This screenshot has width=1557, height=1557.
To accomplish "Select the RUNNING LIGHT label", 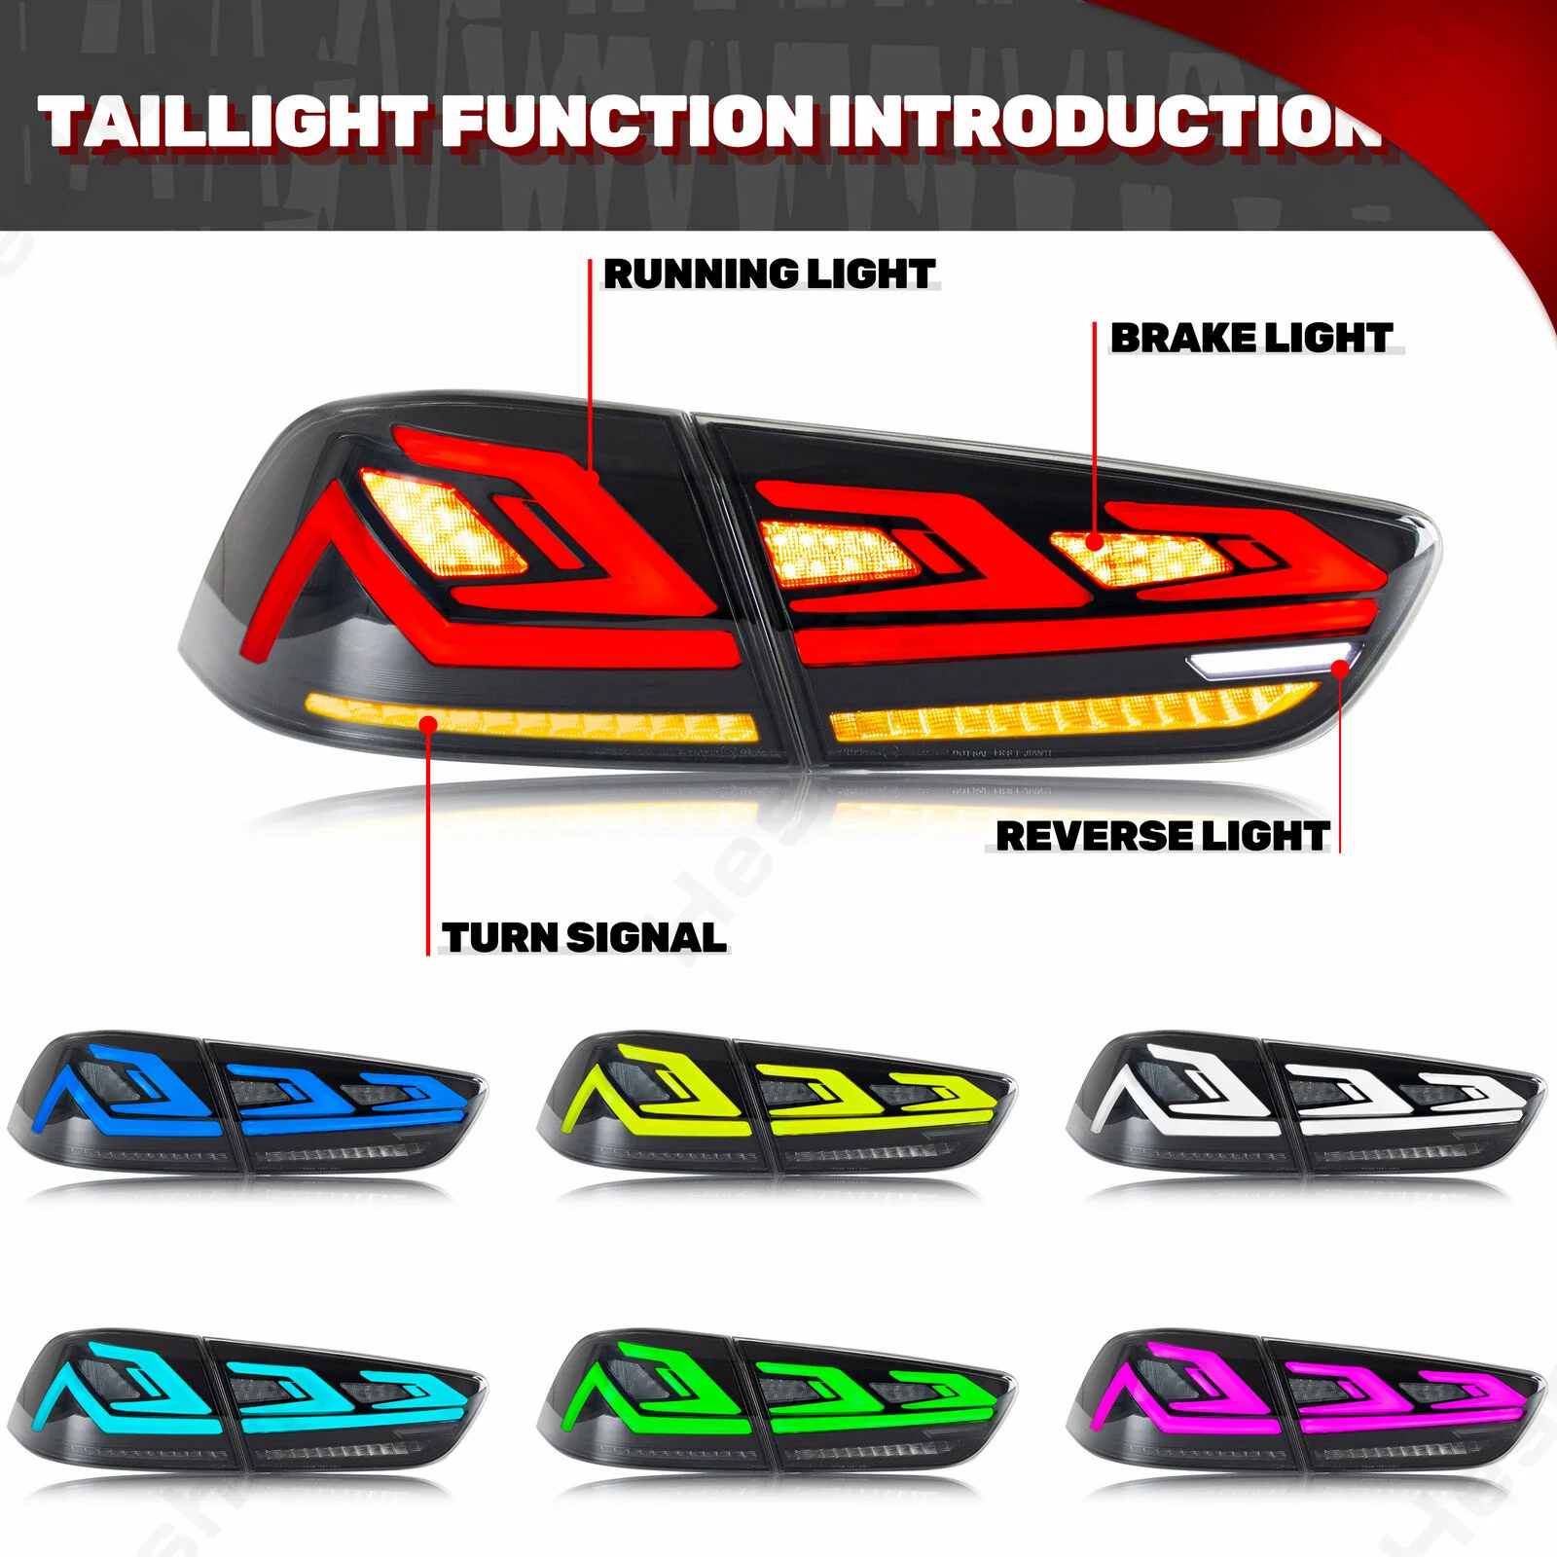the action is click(x=769, y=274).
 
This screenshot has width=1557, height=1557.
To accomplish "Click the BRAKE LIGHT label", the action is click(x=1251, y=338).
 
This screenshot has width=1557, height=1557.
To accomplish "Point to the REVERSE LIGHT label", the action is click(x=1162, y=836).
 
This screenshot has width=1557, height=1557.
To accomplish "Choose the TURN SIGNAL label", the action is click(x=584, y=937).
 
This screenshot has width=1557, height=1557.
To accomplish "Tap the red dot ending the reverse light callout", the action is click(x=1340, y=668).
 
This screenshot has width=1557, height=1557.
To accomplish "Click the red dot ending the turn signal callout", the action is click(x=428, y=722).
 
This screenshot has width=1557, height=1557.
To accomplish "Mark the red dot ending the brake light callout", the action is click(x=1095, y=541).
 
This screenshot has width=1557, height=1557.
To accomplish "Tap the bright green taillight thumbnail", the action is click(x=777, y=1401).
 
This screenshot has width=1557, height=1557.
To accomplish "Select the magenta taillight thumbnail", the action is click(x=1306, y=1401).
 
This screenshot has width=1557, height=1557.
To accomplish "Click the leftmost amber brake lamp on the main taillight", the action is click(x=443, y=521).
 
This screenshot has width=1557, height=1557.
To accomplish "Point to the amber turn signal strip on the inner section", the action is click(x=1070, y=715).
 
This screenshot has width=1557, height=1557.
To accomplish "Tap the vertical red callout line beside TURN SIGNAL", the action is click(x=428, y=847).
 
